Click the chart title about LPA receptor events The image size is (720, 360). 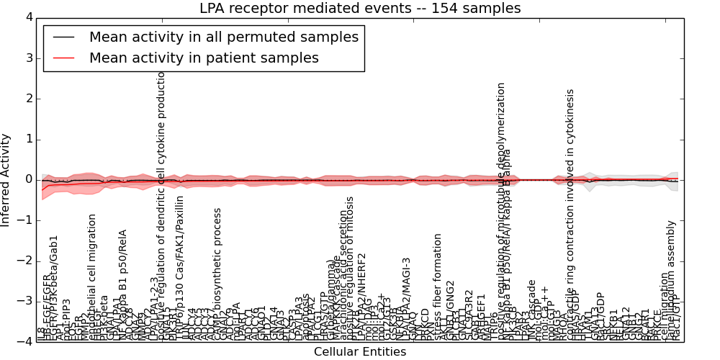coord(359,8)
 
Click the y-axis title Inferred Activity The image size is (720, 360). coord(6,179)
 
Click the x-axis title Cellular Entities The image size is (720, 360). coord(359,352)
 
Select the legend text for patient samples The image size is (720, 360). coord(204,58)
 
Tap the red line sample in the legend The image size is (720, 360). coord(63,58)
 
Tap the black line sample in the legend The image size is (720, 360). coord(63,37)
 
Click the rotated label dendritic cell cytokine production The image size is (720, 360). coord(161,209)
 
